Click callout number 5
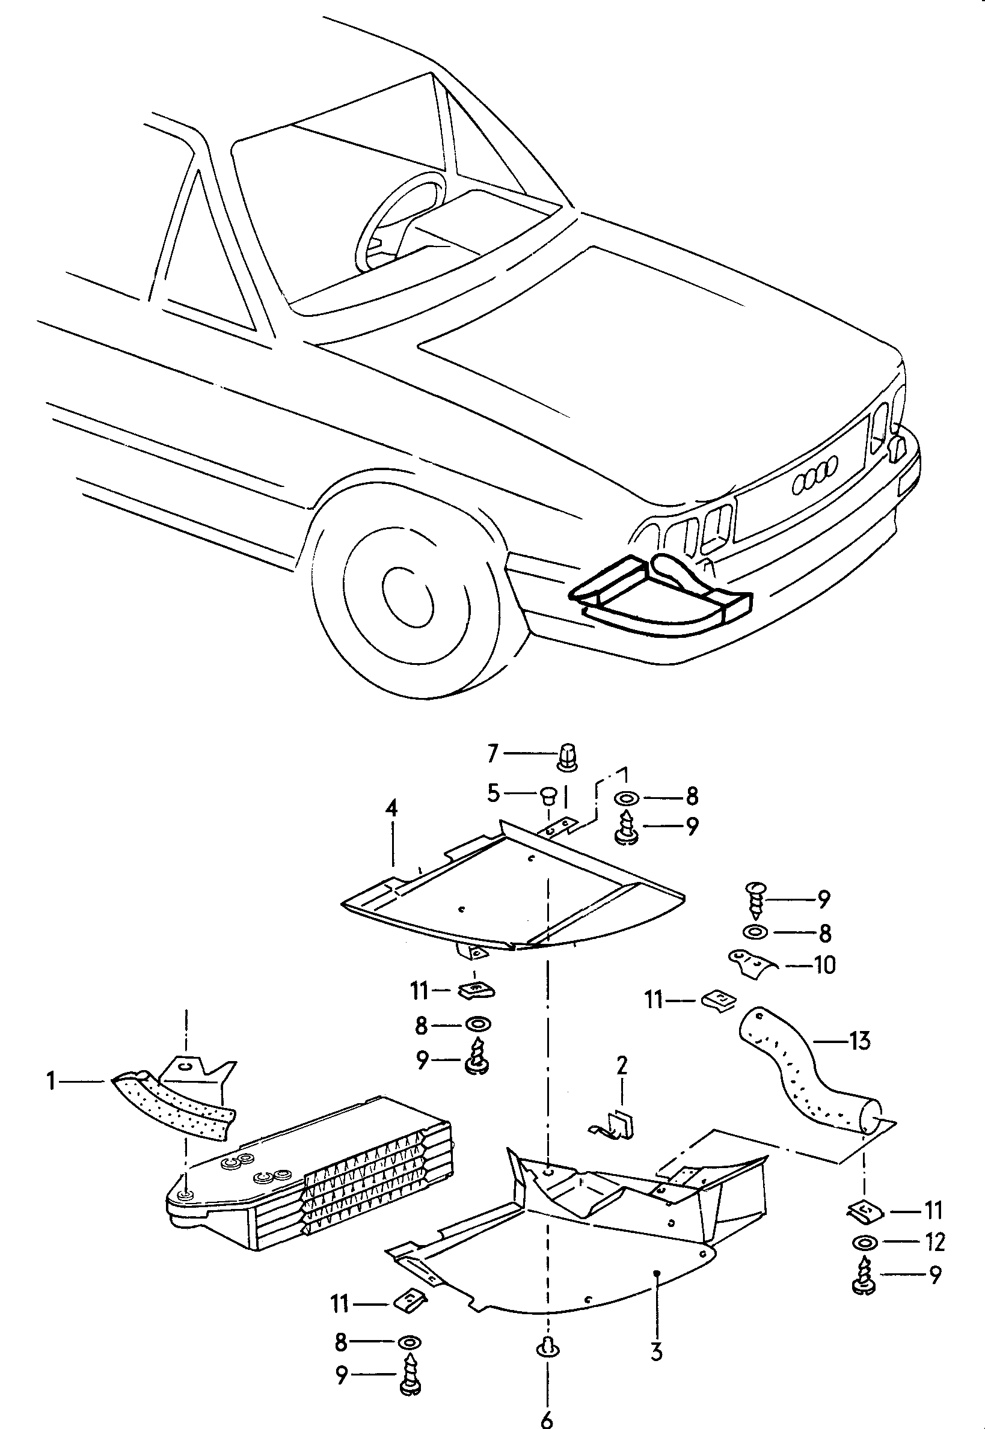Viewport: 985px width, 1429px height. tap(492, 794)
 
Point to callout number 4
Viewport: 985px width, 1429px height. tap(391, 809)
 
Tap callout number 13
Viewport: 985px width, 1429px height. tap(859, 1041)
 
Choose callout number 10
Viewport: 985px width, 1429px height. tap(824, 964)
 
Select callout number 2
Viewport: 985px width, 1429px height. tap(622, 1064)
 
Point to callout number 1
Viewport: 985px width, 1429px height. tap(52, 1080)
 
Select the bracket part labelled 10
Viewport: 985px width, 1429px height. tap(753, 965)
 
